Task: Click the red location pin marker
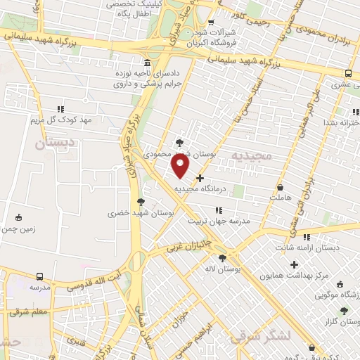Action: coord(181,166)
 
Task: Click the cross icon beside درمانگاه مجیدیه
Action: coord(200,179)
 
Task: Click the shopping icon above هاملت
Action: coord(281,188)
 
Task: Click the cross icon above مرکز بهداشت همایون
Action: coord(294,264)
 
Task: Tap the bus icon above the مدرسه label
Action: coord(39,276)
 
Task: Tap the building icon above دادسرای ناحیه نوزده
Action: coord(146,62)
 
